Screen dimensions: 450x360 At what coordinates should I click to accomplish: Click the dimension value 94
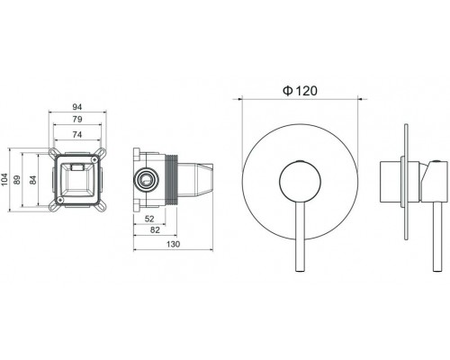(x=77, y=107)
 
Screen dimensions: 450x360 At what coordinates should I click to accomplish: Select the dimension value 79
(x=77, y=120)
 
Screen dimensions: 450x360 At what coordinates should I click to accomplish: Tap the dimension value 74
(x=77, y=135)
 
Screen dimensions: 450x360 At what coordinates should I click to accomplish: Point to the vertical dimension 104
(x=4, y=179)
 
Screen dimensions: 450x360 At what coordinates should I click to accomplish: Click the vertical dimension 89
(x=17, y=180)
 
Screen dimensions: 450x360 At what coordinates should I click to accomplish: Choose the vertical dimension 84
(x=32, y=180)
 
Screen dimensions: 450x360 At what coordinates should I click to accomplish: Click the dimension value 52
(x=149, y=219)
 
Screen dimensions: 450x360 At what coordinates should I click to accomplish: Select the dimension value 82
(x=155, y=230)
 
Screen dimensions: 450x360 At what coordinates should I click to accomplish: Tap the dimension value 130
(x=173, y=244)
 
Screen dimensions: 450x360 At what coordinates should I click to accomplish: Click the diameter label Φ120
(x=300, y=91)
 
